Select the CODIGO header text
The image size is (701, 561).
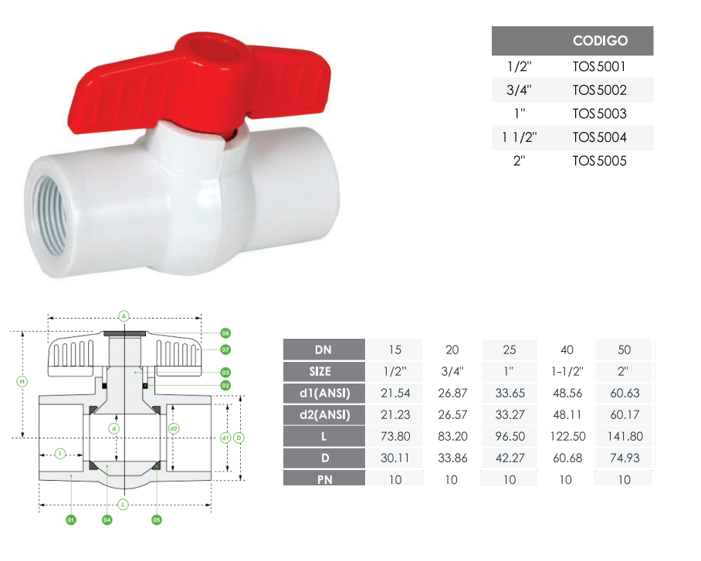point(600,41)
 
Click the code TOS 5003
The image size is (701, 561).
point(600,113)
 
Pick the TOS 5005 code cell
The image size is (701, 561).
point(600,161)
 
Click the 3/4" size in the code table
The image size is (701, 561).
point(519,90)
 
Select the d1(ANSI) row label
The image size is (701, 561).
point(324,394)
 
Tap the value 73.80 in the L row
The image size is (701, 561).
point(395,436)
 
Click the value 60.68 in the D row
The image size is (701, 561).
point(567,458)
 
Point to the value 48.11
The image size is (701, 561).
point(567,415)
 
